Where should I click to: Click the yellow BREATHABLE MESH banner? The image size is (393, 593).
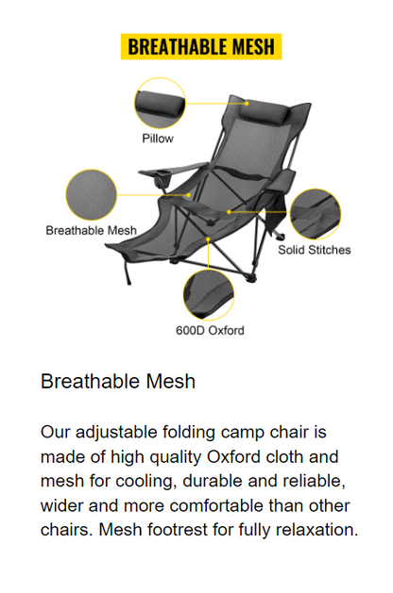pos(201,47)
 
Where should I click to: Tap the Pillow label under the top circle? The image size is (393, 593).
pos(158,138)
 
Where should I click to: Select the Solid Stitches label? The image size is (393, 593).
pos(314,250)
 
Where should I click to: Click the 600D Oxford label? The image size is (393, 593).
pos(210,331)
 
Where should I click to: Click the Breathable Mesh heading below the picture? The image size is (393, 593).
pos(118,382)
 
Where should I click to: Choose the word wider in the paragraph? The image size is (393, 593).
pos(62,505)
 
